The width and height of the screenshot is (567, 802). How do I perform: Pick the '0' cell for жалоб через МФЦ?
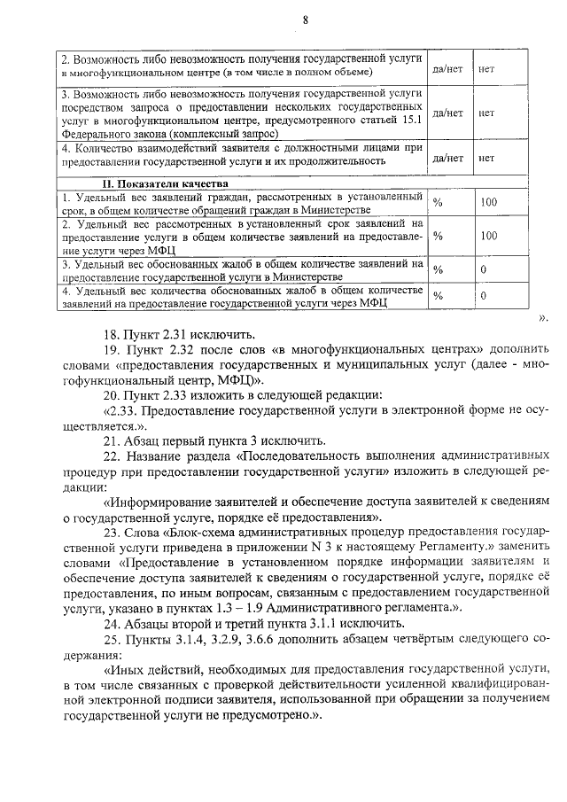click(484, 295)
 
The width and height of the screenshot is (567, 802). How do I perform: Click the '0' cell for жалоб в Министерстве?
click(484, 269)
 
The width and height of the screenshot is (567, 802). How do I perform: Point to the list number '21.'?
click(113, 440)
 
